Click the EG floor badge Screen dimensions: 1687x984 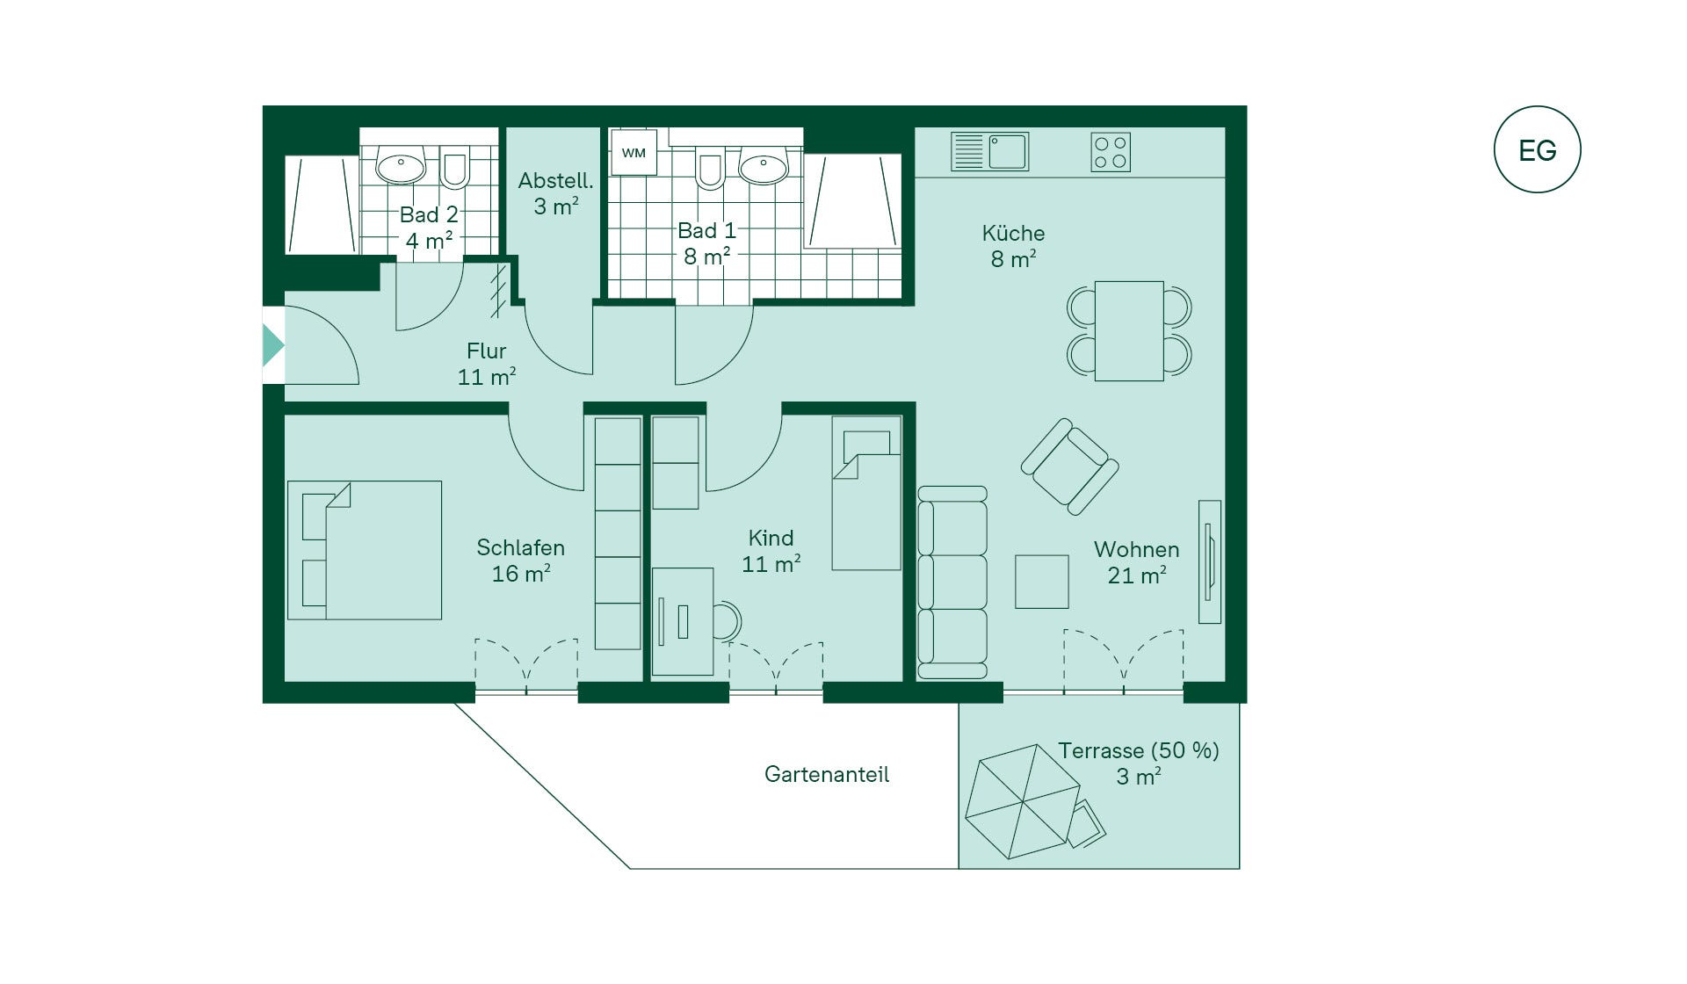pyautogui.click(x=1537, y=149)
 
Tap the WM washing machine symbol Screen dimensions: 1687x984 pyautogui.click(x=634, y=152)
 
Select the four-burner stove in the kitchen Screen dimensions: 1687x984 pyautogui.click(x=1111, y=152)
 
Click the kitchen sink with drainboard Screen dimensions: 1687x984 pyautogui.click(x=989, y=151)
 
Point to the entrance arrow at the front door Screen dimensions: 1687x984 pyautogui.click(x=273, y=345)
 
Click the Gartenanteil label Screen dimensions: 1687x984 pyautogui.click(x=827, y=774)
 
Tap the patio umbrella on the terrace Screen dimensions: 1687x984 pyautogui.click(x=1023, y=801)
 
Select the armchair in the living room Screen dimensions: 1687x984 pyautogui.click(x=1069, y=467)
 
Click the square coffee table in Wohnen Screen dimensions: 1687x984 pyautogui.click(x=1042, y=582)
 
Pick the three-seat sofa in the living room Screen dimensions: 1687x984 pyautogui.click(x=952, y=582)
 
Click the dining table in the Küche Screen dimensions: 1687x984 pyautogui.click(x=1129, y=331)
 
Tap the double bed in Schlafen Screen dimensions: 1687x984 pyautogui.click(x=365, y=550)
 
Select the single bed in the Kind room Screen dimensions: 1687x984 pyautogui.click(x=866, y=493)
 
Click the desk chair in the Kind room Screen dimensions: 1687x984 pyautogui.click(x=727, y=621)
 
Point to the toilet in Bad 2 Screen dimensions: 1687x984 pyautogui.click(x=454, y=166)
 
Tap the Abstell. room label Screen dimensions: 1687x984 pyautogui.click(x=555, y=193)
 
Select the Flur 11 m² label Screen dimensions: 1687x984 pyautogui.click(x=487, y=364)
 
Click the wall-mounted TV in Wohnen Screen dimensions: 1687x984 pyautogui.click(x=1210, y=561)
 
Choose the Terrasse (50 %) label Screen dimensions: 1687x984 pyautogui.click(x=1139, y=750)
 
